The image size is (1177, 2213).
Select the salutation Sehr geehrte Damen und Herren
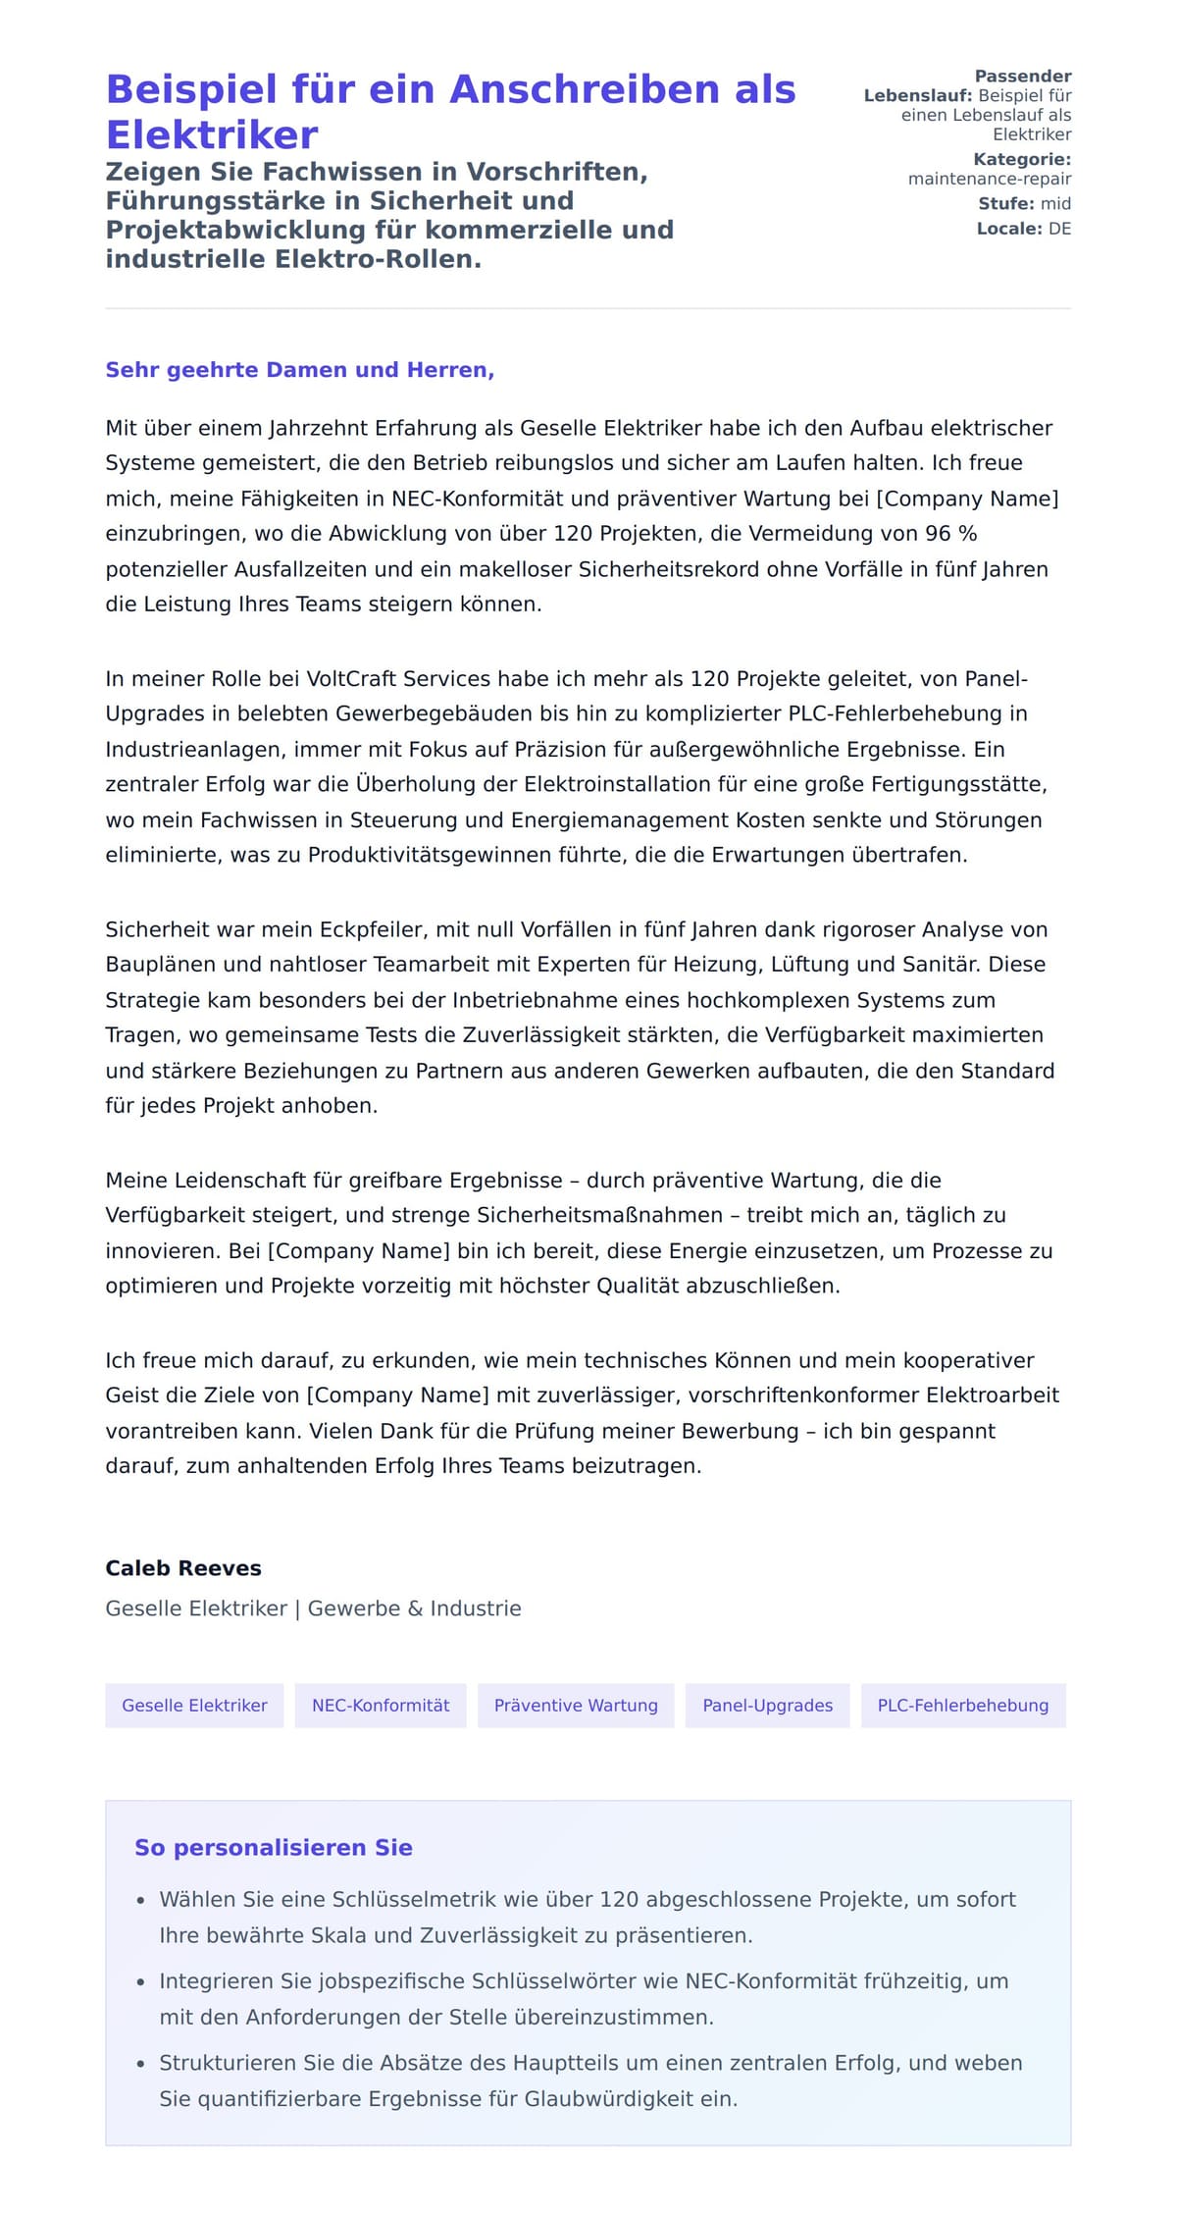pyautogui.click(x=299, y=370)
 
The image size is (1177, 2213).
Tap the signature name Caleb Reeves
pyautogui.click(x=183, y=1568)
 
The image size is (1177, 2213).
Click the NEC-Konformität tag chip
pyautogui.click(x=381, y=1706)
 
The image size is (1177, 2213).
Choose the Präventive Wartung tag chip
pyautogui.click(x=576, y=1706)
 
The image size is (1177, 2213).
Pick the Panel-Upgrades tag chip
pyautogui.click(x=767, y=1706)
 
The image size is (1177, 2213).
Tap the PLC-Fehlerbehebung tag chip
pyautogui.click(x=962, y=1706)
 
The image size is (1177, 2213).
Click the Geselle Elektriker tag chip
pyautogui.click(x=194, y=1706)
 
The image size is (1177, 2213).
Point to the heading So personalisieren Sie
pyautogui.click(x=273, y=1848)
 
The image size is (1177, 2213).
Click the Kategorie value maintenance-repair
pyautogui.click(x=989, y=179)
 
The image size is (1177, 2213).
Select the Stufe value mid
pyautogui.click(x=1055, y=204)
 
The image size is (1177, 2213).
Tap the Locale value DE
pyautogui.click(x=1059, y=229)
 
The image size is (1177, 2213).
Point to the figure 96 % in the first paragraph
pyautogui.click(x=950, y=534)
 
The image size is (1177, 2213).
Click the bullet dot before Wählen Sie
pyautogui.click(x=141, y=1901)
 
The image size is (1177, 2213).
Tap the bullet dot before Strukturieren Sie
pyautogui.click(x=141, y=2064)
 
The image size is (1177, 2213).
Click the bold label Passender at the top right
pyautogui.click(x=1022, y=77)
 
